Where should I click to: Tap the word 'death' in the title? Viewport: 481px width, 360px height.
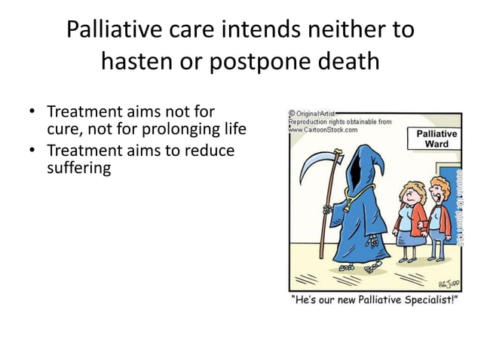point(344,61)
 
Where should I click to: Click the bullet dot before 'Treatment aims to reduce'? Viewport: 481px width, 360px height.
point(32,151)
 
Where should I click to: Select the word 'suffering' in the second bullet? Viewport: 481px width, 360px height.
point(78,168)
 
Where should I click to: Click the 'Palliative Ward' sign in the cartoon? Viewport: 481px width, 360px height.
point(437,139)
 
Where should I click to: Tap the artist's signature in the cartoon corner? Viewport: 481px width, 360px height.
point(447,283)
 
